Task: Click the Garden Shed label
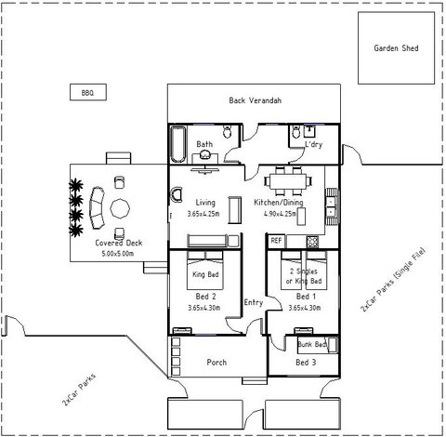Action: coord(396,48)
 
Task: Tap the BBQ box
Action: coord(88,92)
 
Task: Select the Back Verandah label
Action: coord(255,100)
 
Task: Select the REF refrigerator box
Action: coord(276,241)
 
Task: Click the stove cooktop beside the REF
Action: coord(294,241)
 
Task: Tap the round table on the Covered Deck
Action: coord(122,205)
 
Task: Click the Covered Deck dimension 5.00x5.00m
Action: coord(120,252)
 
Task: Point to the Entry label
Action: coord(253,302)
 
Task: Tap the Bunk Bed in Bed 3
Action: coord(316,345)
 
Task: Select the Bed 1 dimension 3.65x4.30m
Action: coord(304,307)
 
